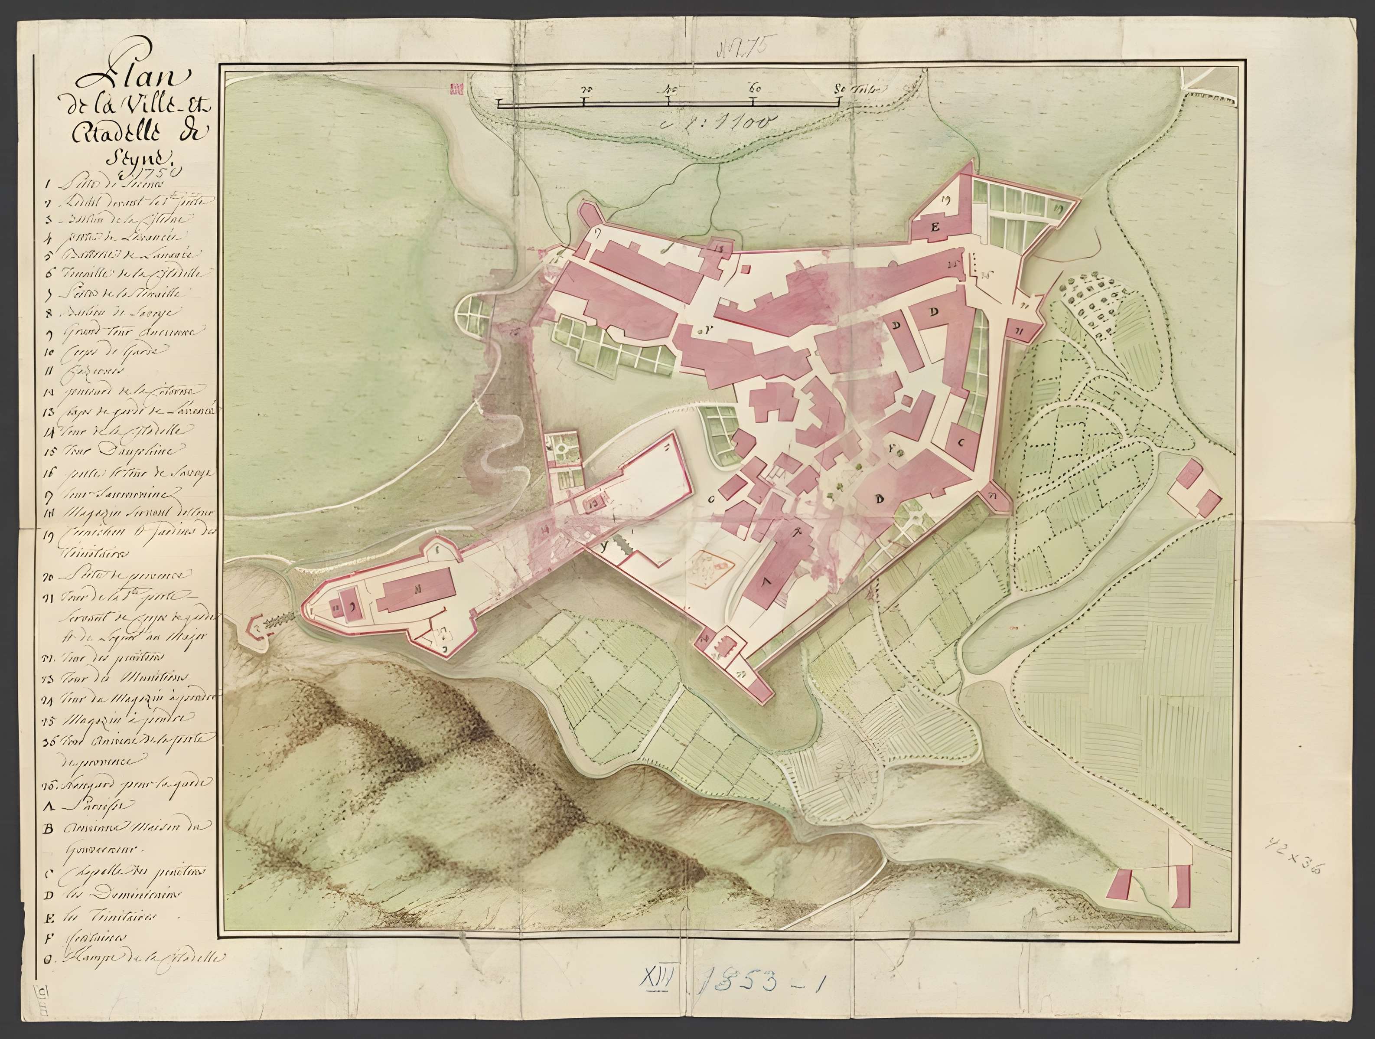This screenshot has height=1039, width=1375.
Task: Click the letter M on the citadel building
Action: [417, 586]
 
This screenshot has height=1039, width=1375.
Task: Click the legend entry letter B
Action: [49, 829]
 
